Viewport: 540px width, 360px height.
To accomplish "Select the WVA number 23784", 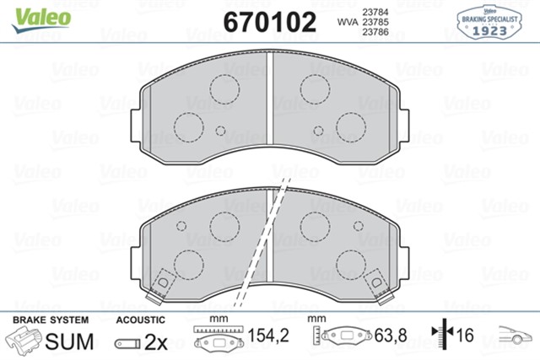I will click(x=375, y=11).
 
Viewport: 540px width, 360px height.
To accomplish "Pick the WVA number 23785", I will click(x=375, y=23).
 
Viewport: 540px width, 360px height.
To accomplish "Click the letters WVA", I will click(x=346, y=23).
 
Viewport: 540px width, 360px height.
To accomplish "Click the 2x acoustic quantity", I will click(x=155, y=341).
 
